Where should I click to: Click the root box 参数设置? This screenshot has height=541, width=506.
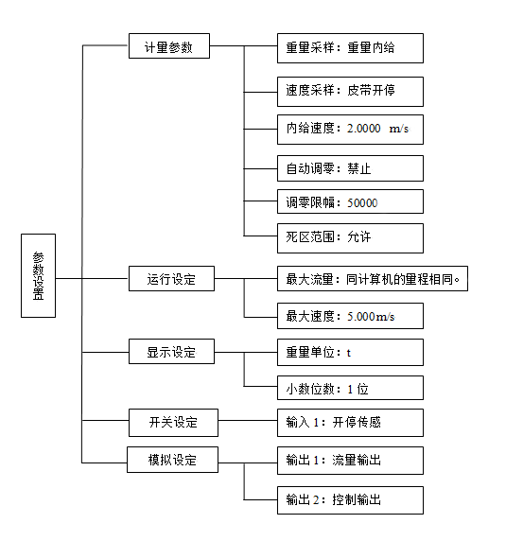[x=38, y=275]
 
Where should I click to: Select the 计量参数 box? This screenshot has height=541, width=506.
[x=169, y=46]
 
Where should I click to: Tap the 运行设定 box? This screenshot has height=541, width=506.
[x=171, y=279]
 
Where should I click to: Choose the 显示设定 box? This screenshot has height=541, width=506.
[x=171, y=352]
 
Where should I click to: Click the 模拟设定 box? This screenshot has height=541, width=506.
[x=173, y=460]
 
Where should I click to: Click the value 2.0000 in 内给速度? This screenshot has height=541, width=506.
[x=365, y=129]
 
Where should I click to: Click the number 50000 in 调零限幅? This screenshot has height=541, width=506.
[x=363, y=201]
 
